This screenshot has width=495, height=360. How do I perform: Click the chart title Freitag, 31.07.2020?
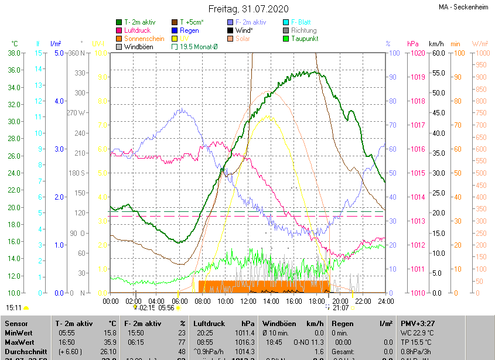point(248,9)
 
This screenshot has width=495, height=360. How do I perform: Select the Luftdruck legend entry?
point(138,30)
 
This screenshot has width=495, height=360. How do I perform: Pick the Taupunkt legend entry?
point(304,38)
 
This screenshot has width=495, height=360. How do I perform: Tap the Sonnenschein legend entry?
point(144,38)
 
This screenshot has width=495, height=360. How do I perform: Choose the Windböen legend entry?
point(140,46)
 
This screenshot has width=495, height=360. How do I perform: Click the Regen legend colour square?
point(174,30)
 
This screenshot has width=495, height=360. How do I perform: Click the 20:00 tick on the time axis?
point(340,301)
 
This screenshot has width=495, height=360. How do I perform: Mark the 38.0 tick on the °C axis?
point(15,53)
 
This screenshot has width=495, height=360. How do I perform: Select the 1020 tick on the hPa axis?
point(418,53)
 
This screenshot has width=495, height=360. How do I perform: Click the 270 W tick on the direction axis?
point(76,113)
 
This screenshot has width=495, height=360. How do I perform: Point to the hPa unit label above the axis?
point(412,44)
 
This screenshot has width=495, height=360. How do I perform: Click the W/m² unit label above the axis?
point(480,44)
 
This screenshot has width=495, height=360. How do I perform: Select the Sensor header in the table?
point(15,323)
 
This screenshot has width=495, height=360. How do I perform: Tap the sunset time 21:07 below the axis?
point(341,307)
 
